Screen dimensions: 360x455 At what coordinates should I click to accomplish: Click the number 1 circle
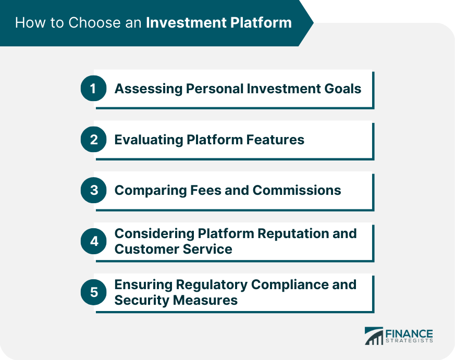coord(93,89)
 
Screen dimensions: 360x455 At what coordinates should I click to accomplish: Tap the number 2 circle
coord(93,140)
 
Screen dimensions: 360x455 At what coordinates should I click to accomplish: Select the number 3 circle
coord(93,190)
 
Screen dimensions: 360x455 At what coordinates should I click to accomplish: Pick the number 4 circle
coord(93,241)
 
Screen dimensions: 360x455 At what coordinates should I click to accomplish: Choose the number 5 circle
coord(93,292)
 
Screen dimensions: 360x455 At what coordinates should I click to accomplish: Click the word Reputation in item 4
coord(286,233)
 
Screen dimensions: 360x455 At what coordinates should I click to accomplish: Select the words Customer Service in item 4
coord(173,249)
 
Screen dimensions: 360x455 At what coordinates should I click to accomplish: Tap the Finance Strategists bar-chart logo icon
coord(374,336)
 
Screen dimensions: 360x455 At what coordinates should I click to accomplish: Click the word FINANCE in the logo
coord(409,333)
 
